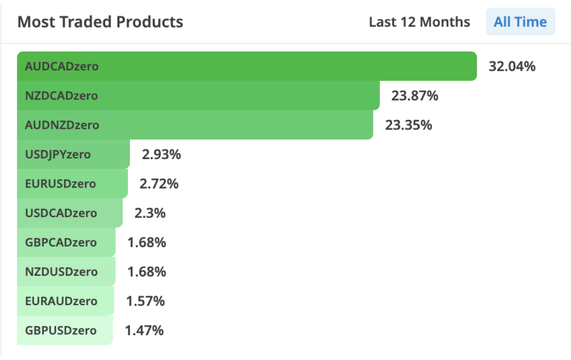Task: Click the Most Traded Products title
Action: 100,22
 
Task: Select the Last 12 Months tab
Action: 419,22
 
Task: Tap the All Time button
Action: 520,22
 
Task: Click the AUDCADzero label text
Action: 62,66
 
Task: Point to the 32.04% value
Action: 512,66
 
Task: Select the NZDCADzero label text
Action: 61,96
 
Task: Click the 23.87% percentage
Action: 414,96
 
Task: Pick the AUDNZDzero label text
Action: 62,125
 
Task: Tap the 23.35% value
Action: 408,125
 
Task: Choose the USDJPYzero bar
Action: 73,154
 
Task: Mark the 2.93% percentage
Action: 161,154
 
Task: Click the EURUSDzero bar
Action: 72,184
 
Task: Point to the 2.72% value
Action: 159,184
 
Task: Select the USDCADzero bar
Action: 70,213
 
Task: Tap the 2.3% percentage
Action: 150,213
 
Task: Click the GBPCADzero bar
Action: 66,242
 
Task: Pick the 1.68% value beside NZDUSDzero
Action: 147,272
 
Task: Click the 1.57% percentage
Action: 145,301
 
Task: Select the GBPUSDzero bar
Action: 65,330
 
